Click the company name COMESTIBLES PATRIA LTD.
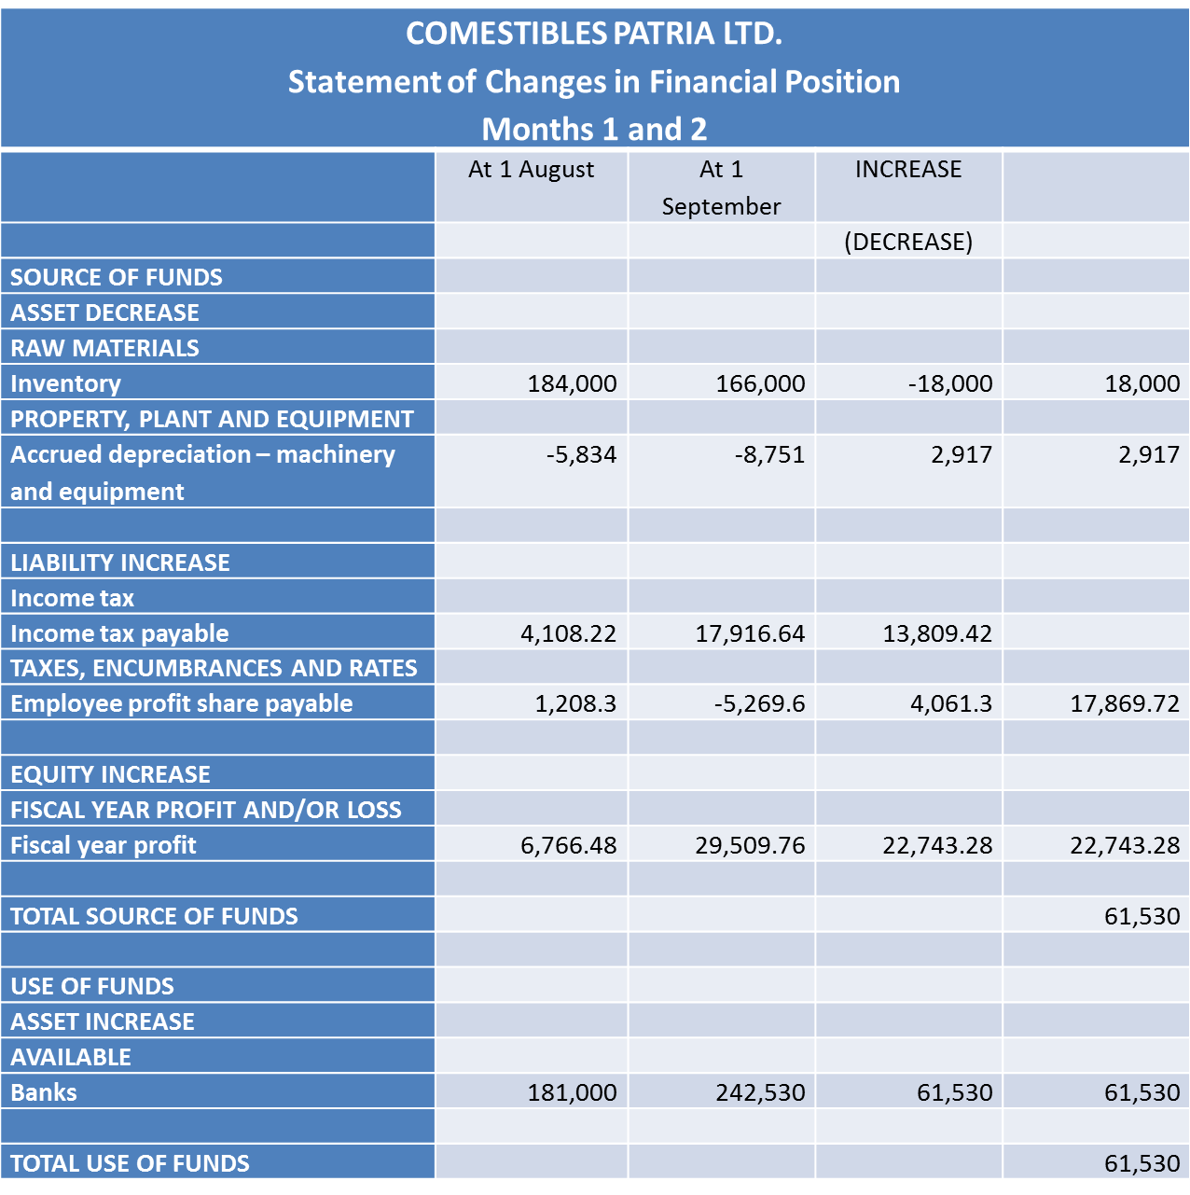594,34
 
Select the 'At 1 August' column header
531,170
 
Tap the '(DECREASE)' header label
907,242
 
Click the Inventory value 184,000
572,383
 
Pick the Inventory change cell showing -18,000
949,383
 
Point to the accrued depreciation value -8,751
768,454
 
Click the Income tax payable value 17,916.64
750,634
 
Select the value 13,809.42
937,634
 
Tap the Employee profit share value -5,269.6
759,703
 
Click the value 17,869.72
1125,703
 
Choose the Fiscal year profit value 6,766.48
568,845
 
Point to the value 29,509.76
750,845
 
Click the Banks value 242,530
760,1092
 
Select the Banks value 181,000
572,1092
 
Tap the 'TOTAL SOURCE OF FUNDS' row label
154,916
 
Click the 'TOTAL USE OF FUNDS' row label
130,1163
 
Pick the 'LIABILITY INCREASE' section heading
119,563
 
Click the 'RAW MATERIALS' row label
104,348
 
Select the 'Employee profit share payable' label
181,703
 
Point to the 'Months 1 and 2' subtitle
594,129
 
